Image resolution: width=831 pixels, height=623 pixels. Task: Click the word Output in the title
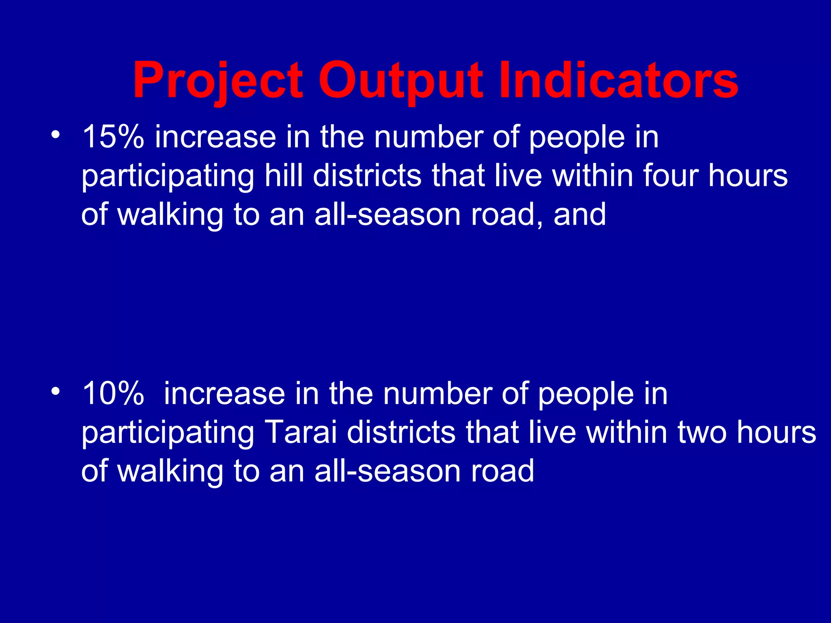click(x=401, y=80)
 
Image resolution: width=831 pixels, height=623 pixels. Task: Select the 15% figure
click(x=113, y=137)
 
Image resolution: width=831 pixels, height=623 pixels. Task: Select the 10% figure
click(x=113, y=394)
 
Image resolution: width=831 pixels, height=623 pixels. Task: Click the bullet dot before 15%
click(x=56, y=135)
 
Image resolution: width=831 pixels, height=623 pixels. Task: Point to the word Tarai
click(x=300, y=432)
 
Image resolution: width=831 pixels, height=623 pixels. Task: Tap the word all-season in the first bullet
click(x=388, y=215)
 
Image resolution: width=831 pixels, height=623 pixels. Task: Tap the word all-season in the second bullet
click(x=388, y=471)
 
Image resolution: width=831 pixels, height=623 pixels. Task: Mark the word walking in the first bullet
click(x=170, y=215)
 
